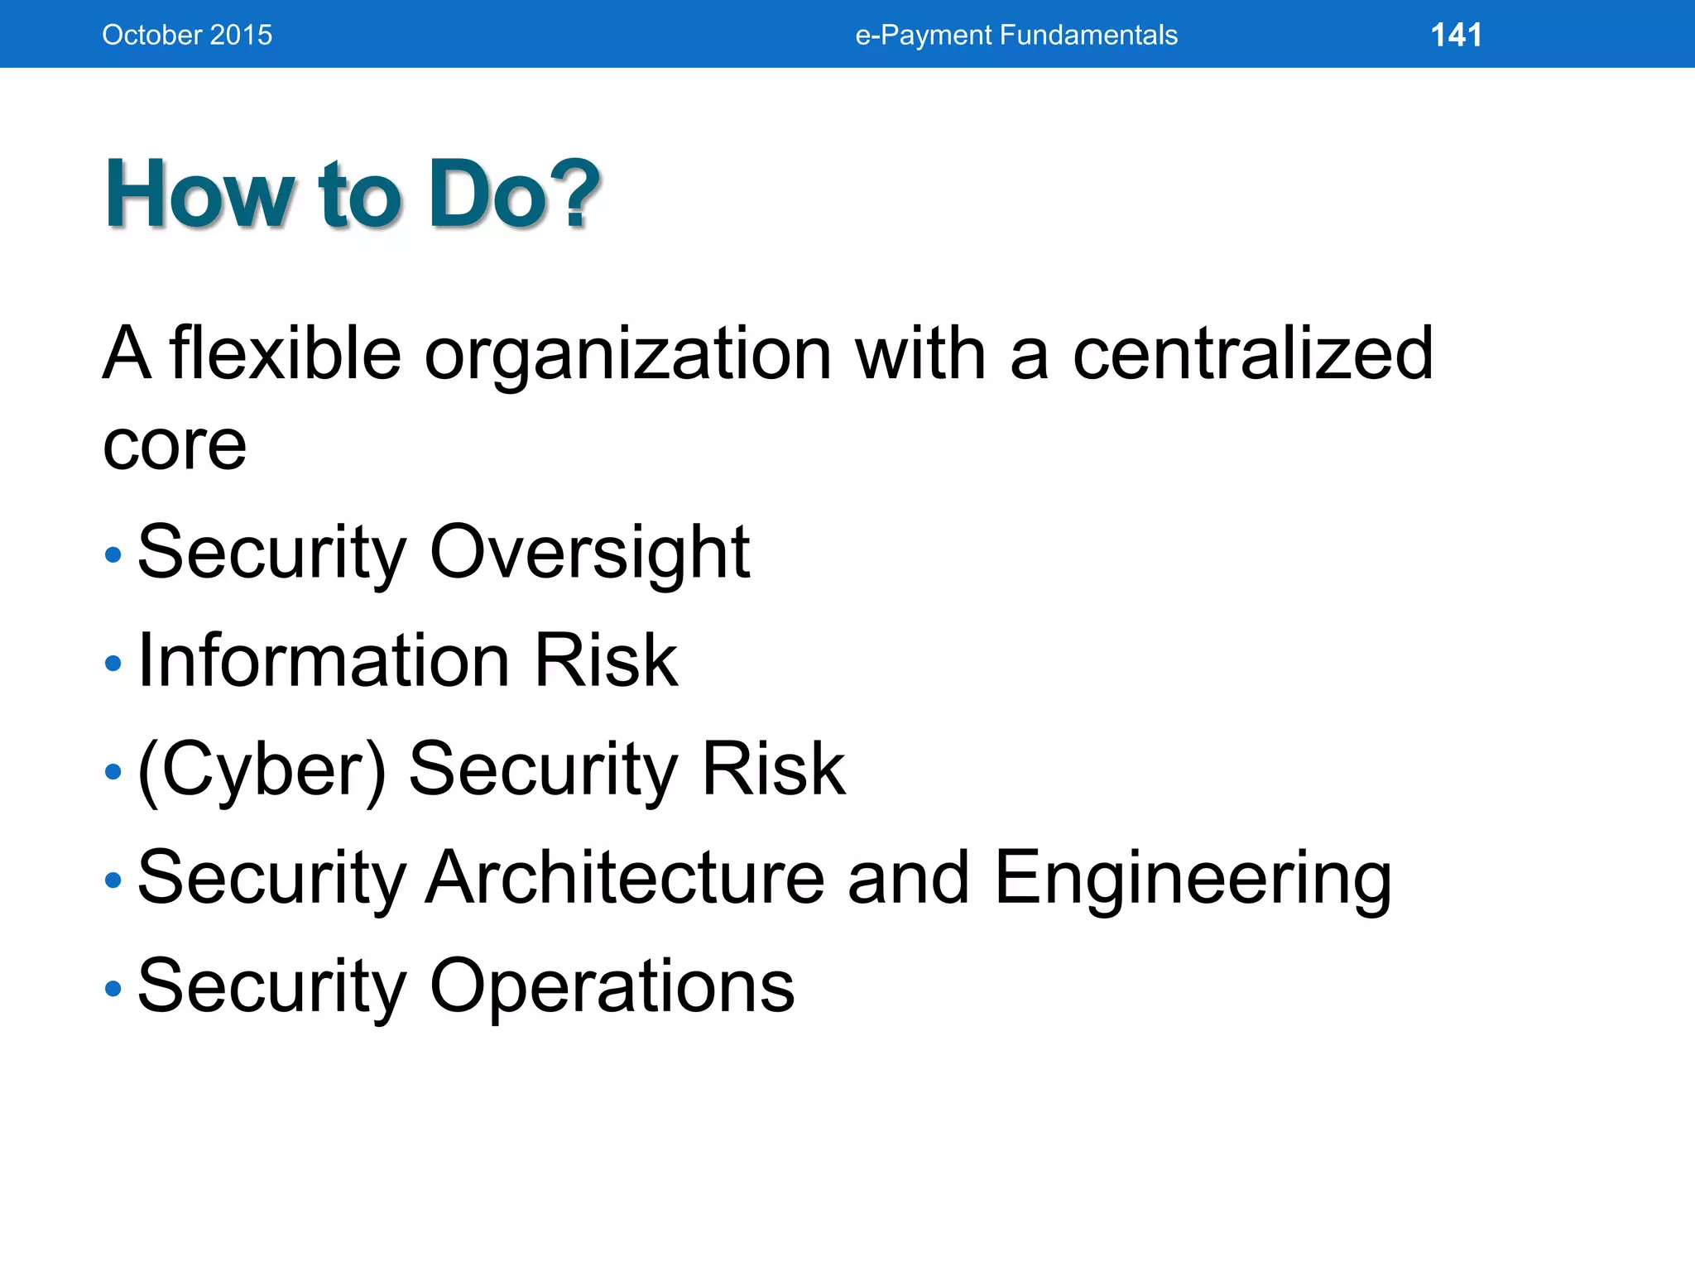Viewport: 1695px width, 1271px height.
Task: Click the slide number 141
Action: pyautogui.click(x=1456, y=35)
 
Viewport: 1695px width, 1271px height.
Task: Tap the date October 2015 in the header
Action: pyautogui.click(x=187, y=35)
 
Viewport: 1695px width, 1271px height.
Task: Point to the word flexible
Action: pyautogui.click(x=286, y=353)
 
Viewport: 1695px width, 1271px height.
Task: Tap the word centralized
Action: pyautogui.click(x=1252, y=353)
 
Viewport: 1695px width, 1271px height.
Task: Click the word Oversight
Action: pyautogui.click(x=589, y=553)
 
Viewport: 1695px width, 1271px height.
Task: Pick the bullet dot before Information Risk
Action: pyautogui.click(x=113, y=663)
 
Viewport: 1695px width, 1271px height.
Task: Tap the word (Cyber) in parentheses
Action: pyautogui.click(x=262, y=770)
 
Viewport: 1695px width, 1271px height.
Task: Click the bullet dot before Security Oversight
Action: pyautogui.click(x=113, y=554)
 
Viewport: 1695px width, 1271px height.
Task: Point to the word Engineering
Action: pyautogui.click(x=1192, y=880)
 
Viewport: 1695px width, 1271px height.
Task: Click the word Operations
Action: pyautogui.click(x=612, y=987)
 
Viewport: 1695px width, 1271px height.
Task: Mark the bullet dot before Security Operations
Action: pyautogui.click(x=113, y=988)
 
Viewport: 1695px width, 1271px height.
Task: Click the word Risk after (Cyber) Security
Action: pyautogui.click(x=773, y=770)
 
